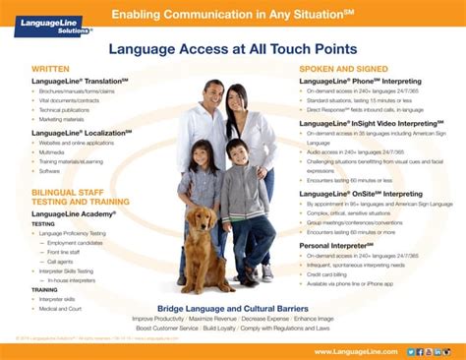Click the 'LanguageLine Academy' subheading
point(74,213)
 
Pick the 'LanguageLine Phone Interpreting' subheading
point(365,80)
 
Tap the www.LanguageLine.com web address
point(356,351)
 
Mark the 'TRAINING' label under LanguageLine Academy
point(45,290)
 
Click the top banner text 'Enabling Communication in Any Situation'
point(232,14)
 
